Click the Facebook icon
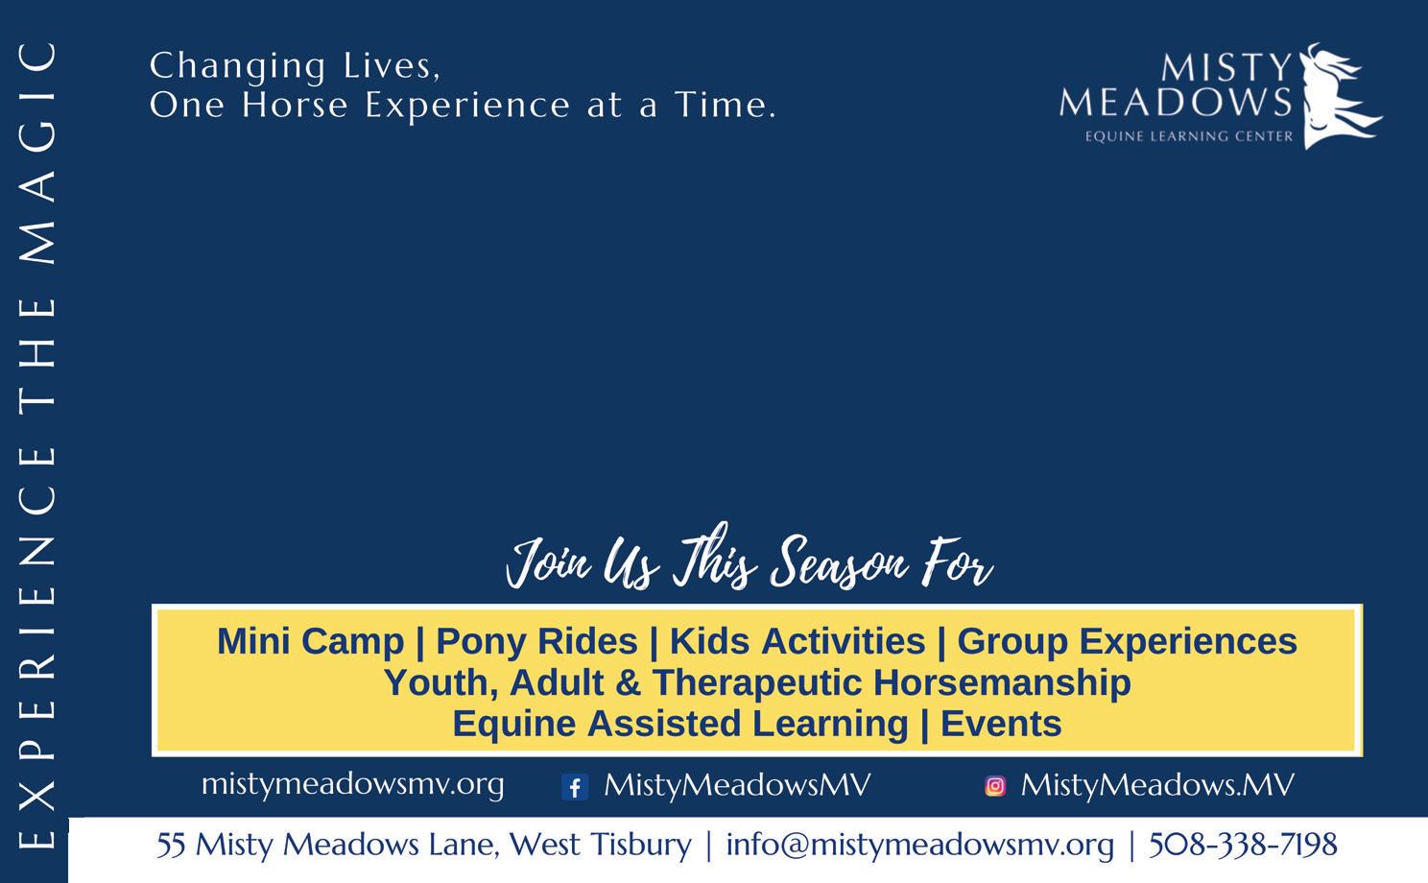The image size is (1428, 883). (575, 787)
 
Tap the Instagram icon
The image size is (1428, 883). (995, 786)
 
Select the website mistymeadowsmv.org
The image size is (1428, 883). (352, 784)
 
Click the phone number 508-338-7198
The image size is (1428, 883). (1243, 845)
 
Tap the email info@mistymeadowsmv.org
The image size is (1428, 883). (920, 846)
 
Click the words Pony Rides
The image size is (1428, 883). (536, 641)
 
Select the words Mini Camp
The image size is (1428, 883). (311, 641)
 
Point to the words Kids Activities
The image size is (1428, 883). (797, 641)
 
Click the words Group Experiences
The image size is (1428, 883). (1127, 641)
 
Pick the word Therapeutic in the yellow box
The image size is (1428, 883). (757, 683)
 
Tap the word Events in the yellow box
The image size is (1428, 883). (1001, 724)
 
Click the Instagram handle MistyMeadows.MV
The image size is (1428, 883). (1157, 785)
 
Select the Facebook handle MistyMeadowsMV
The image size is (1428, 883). (737, 785)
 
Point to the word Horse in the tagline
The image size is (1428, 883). (296, 105)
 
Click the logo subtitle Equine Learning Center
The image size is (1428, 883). (1189, 135)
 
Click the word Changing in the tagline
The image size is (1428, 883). (238, 66)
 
